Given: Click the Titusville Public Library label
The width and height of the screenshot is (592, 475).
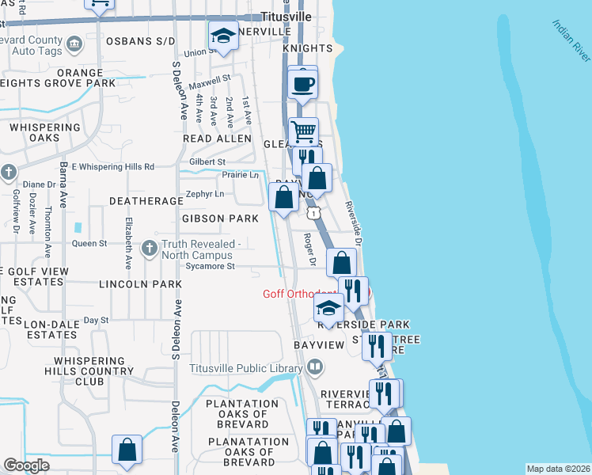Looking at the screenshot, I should coord(245,367).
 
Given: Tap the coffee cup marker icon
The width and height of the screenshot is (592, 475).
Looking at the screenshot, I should coord(303,83).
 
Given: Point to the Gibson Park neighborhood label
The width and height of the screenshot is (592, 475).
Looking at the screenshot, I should coord(220,218).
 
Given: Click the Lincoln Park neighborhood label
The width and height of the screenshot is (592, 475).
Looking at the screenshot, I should coord(141,283).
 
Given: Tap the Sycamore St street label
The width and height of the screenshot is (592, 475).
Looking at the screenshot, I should coord(210,267).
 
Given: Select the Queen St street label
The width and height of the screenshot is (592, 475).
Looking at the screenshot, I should coord(89,244).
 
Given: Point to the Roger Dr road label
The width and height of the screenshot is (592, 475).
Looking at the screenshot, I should coord(311,249).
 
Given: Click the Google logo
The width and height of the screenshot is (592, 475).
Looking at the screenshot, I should coord(26,465).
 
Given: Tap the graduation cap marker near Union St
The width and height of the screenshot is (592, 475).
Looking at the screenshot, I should coord(223,36).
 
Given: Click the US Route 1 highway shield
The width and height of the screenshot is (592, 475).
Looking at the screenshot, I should coord(315,213).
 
